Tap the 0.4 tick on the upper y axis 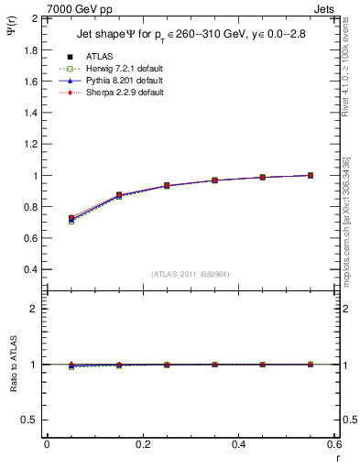click(28, 270)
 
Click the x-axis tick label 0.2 click(142, 444)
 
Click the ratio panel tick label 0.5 click(28, 420)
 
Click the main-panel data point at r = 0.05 click(71, 219)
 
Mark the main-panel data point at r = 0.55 click(311, 175)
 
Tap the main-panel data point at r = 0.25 click(167, 185)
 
